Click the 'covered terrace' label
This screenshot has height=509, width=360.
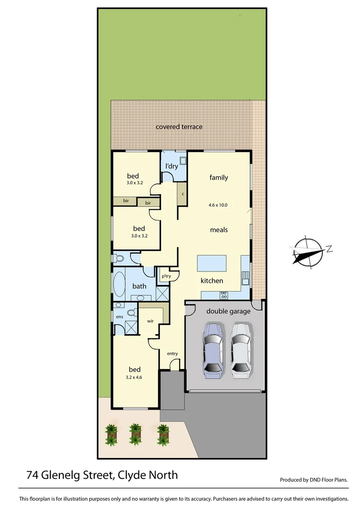[179, 127]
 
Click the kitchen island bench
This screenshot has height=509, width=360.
[212, 263]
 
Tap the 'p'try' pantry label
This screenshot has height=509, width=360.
[166, 276]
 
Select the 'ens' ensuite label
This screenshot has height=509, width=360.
[119, 317]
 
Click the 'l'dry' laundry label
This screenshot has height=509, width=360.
[171, 166]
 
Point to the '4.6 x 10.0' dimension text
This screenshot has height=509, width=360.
[218, 205]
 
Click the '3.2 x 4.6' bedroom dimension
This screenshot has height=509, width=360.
[134, 377]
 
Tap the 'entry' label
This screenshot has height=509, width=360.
[172, 353]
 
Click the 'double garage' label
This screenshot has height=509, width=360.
[229, 311]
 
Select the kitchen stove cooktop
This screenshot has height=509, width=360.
[224, 296]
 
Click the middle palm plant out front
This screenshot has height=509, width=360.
[136, 434]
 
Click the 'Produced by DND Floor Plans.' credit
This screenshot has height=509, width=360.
[314, 480]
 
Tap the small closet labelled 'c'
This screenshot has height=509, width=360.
[182, 194]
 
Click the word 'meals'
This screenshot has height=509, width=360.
[219, 230]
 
